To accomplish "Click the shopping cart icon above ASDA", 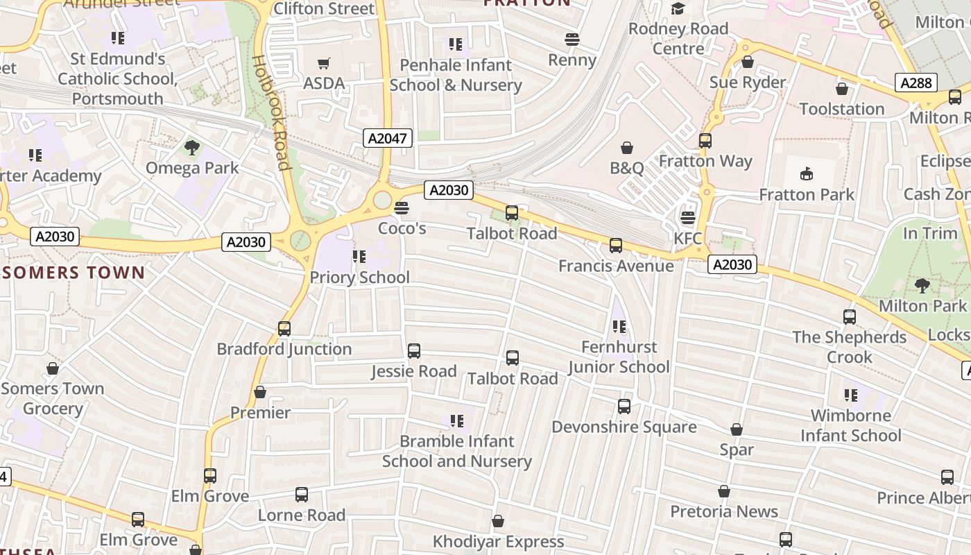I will (323, 64).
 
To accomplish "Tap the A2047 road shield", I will (388, 138).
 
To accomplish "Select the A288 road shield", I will (916, 83).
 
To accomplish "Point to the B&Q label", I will (627, 168).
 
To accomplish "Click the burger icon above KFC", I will (687, 218).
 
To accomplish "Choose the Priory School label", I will (359, 277).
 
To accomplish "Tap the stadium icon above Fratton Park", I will (807, 173).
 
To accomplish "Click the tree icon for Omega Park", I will (192, 148).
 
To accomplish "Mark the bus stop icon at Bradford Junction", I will (284, 329).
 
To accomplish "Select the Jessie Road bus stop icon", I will (414, 351).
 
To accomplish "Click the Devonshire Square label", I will (624, 427).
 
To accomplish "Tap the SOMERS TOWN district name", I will (73, 273).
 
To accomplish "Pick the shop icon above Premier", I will (260, 393).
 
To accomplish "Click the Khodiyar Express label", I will (498, 541).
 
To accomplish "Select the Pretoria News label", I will (724, 512).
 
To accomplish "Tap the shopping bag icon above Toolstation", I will (841, 89).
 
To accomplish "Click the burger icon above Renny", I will (572, 40).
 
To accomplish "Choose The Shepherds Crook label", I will (850, 347).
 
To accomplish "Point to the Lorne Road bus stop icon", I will (302, 495).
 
